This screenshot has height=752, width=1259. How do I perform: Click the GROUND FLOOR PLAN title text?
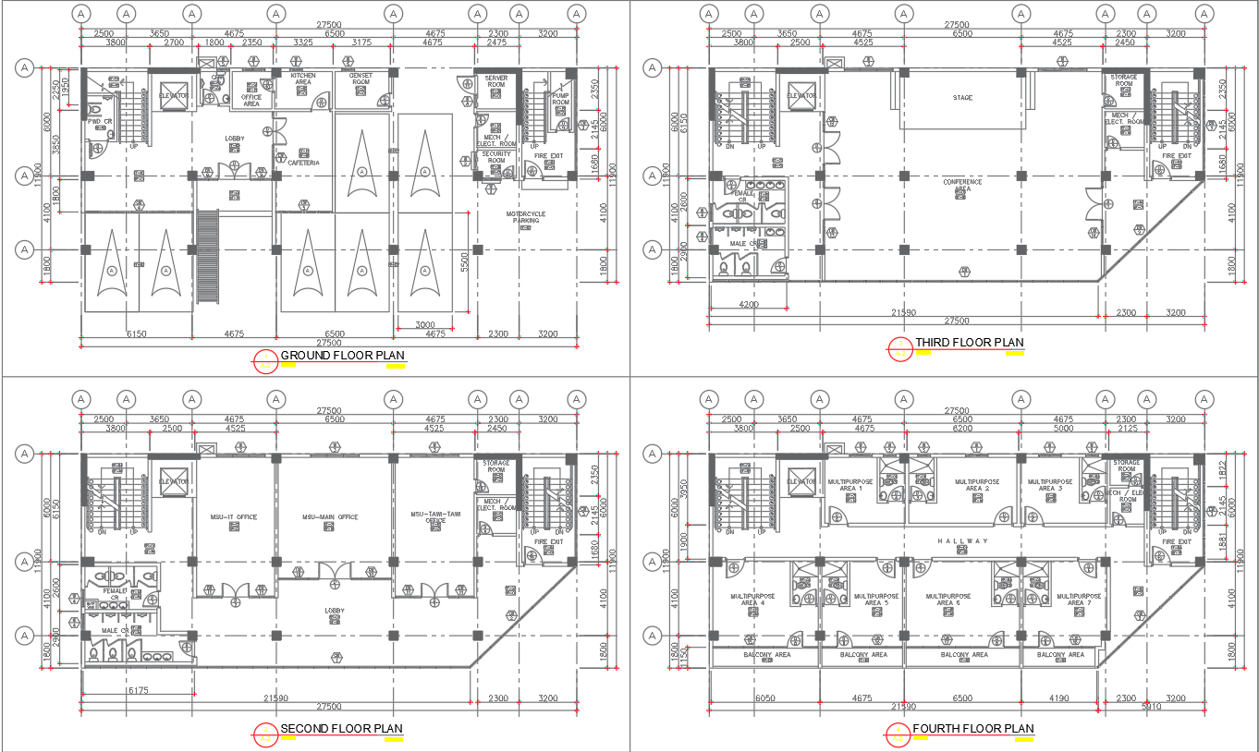pyautogui.click(x=342, y=356)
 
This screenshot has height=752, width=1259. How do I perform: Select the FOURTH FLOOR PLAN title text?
pyautogui.click(x=972, y=729)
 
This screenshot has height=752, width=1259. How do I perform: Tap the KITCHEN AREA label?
pyautogui.click(x=303, y=79)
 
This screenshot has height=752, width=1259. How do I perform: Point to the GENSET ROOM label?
pyautogui.click(x=360, y=79)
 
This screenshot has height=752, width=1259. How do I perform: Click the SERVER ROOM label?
pyautogui.click(x=496, y=81)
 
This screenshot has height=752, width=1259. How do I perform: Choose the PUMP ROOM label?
pyautogui.click(x=561, y=98)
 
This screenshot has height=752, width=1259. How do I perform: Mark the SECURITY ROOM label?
pyautogui.click(x=496, y=157)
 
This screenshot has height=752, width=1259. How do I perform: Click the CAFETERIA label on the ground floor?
pyautogui.click(x=303, y=163)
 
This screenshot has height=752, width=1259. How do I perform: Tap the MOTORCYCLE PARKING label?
pyautogui.click(x=525, y=217)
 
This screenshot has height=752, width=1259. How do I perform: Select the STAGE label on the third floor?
pyautogui.click(x=962, y=97)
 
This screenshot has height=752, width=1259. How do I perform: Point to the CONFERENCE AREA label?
pyautogui.click(x=962, y=185)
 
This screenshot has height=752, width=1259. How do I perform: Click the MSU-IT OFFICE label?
pyautogui.click(x=234, y=517)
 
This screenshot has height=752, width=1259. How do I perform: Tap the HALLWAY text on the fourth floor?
pyautogui.click(x=962, y=541)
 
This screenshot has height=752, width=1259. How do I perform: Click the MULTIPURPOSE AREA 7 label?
pyautogui.click(x=1075, y=600)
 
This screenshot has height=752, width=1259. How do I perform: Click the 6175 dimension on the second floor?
pyautogui.click(x=139, y=690)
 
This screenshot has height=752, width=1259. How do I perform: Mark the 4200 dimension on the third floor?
pyautogui.click(x=749, y=303)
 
